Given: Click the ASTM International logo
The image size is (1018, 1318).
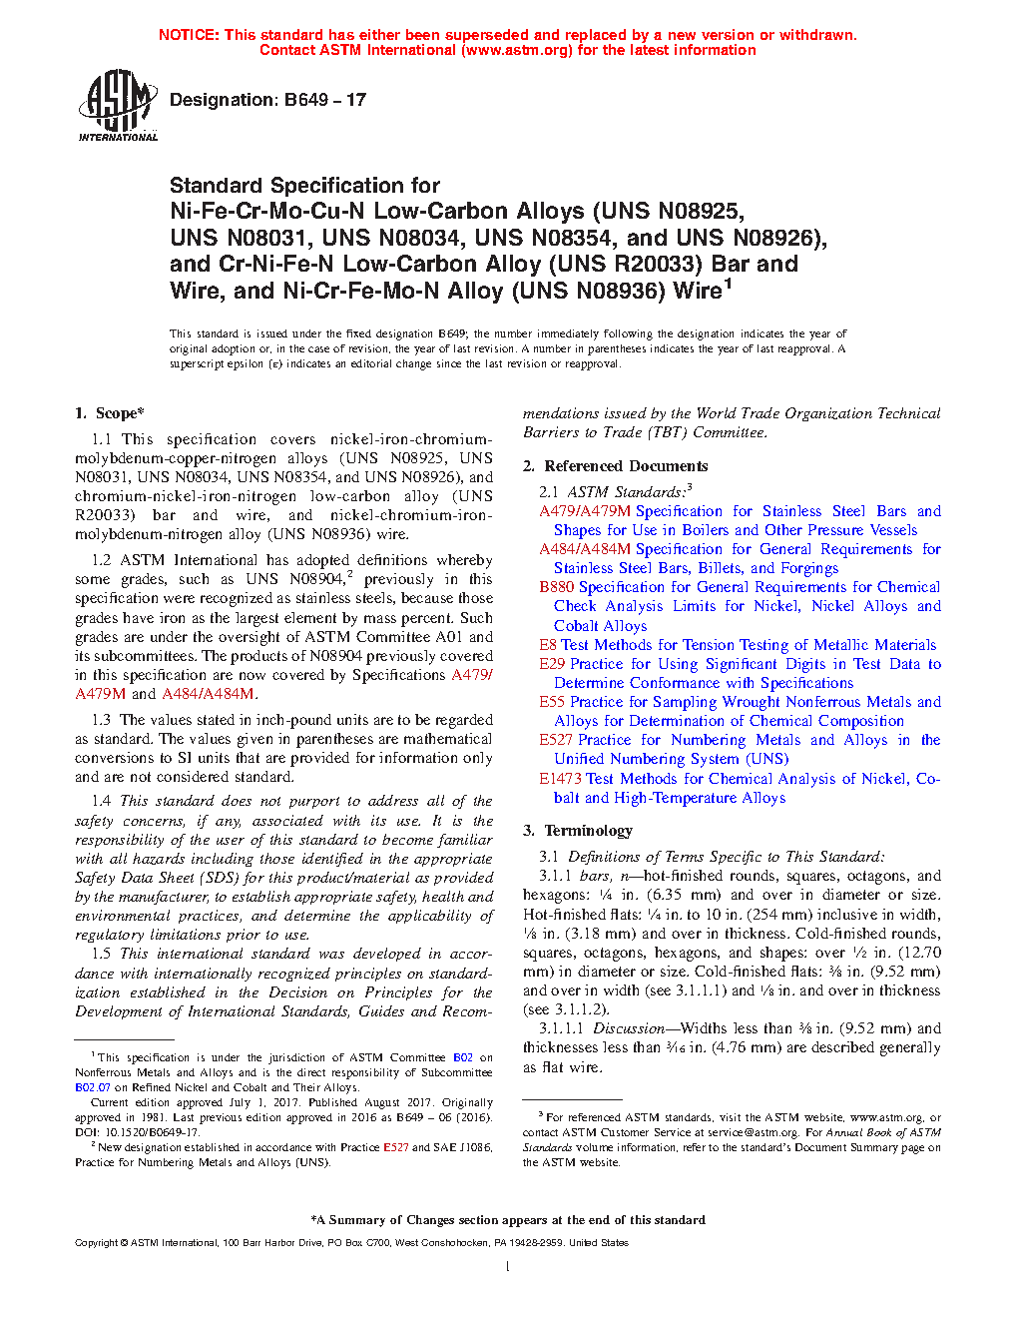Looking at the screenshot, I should click(x=118, y=105).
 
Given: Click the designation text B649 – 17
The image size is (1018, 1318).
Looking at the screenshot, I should click(x=267, y=100).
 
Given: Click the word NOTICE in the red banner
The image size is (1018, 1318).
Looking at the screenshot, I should click(x=189, y=35).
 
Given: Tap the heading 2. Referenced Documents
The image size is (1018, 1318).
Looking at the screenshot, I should click(x=616, y=466).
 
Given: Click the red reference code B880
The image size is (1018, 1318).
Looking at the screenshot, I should click(x=556, y=587).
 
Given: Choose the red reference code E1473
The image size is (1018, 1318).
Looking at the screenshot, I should click(x=560, y=779).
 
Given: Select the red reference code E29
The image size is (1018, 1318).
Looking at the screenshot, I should click(x=552, y=664).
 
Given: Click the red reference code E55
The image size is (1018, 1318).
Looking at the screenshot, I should click(x=552, y=702).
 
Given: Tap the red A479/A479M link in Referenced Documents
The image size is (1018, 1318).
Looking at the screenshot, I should click(x=585, y=511).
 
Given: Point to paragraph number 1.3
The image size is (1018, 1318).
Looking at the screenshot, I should click(x=101, y=720).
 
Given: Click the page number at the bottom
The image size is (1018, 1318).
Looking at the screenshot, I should click(x=508, y=1267).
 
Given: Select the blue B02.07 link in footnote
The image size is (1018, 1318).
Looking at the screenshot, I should click(x=93, y=1087).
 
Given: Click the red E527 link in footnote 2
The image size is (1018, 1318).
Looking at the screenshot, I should click(x=395, y=1147).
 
